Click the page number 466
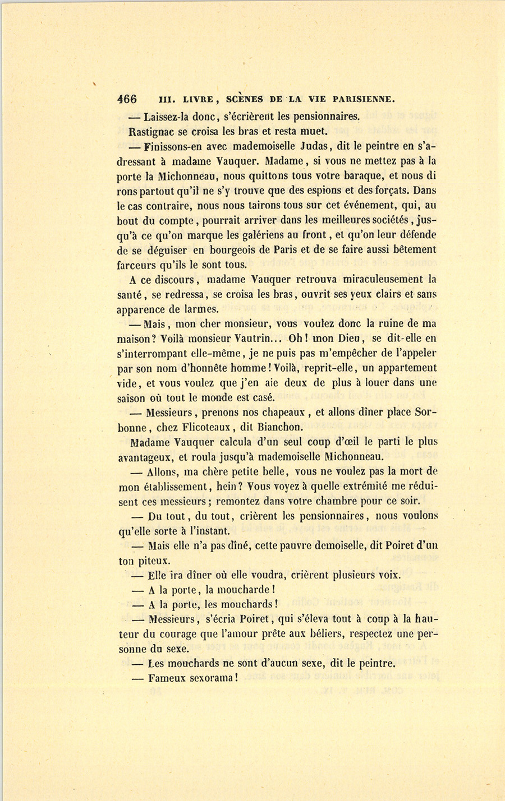pos(126,99)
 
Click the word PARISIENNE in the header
pos(364,100)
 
